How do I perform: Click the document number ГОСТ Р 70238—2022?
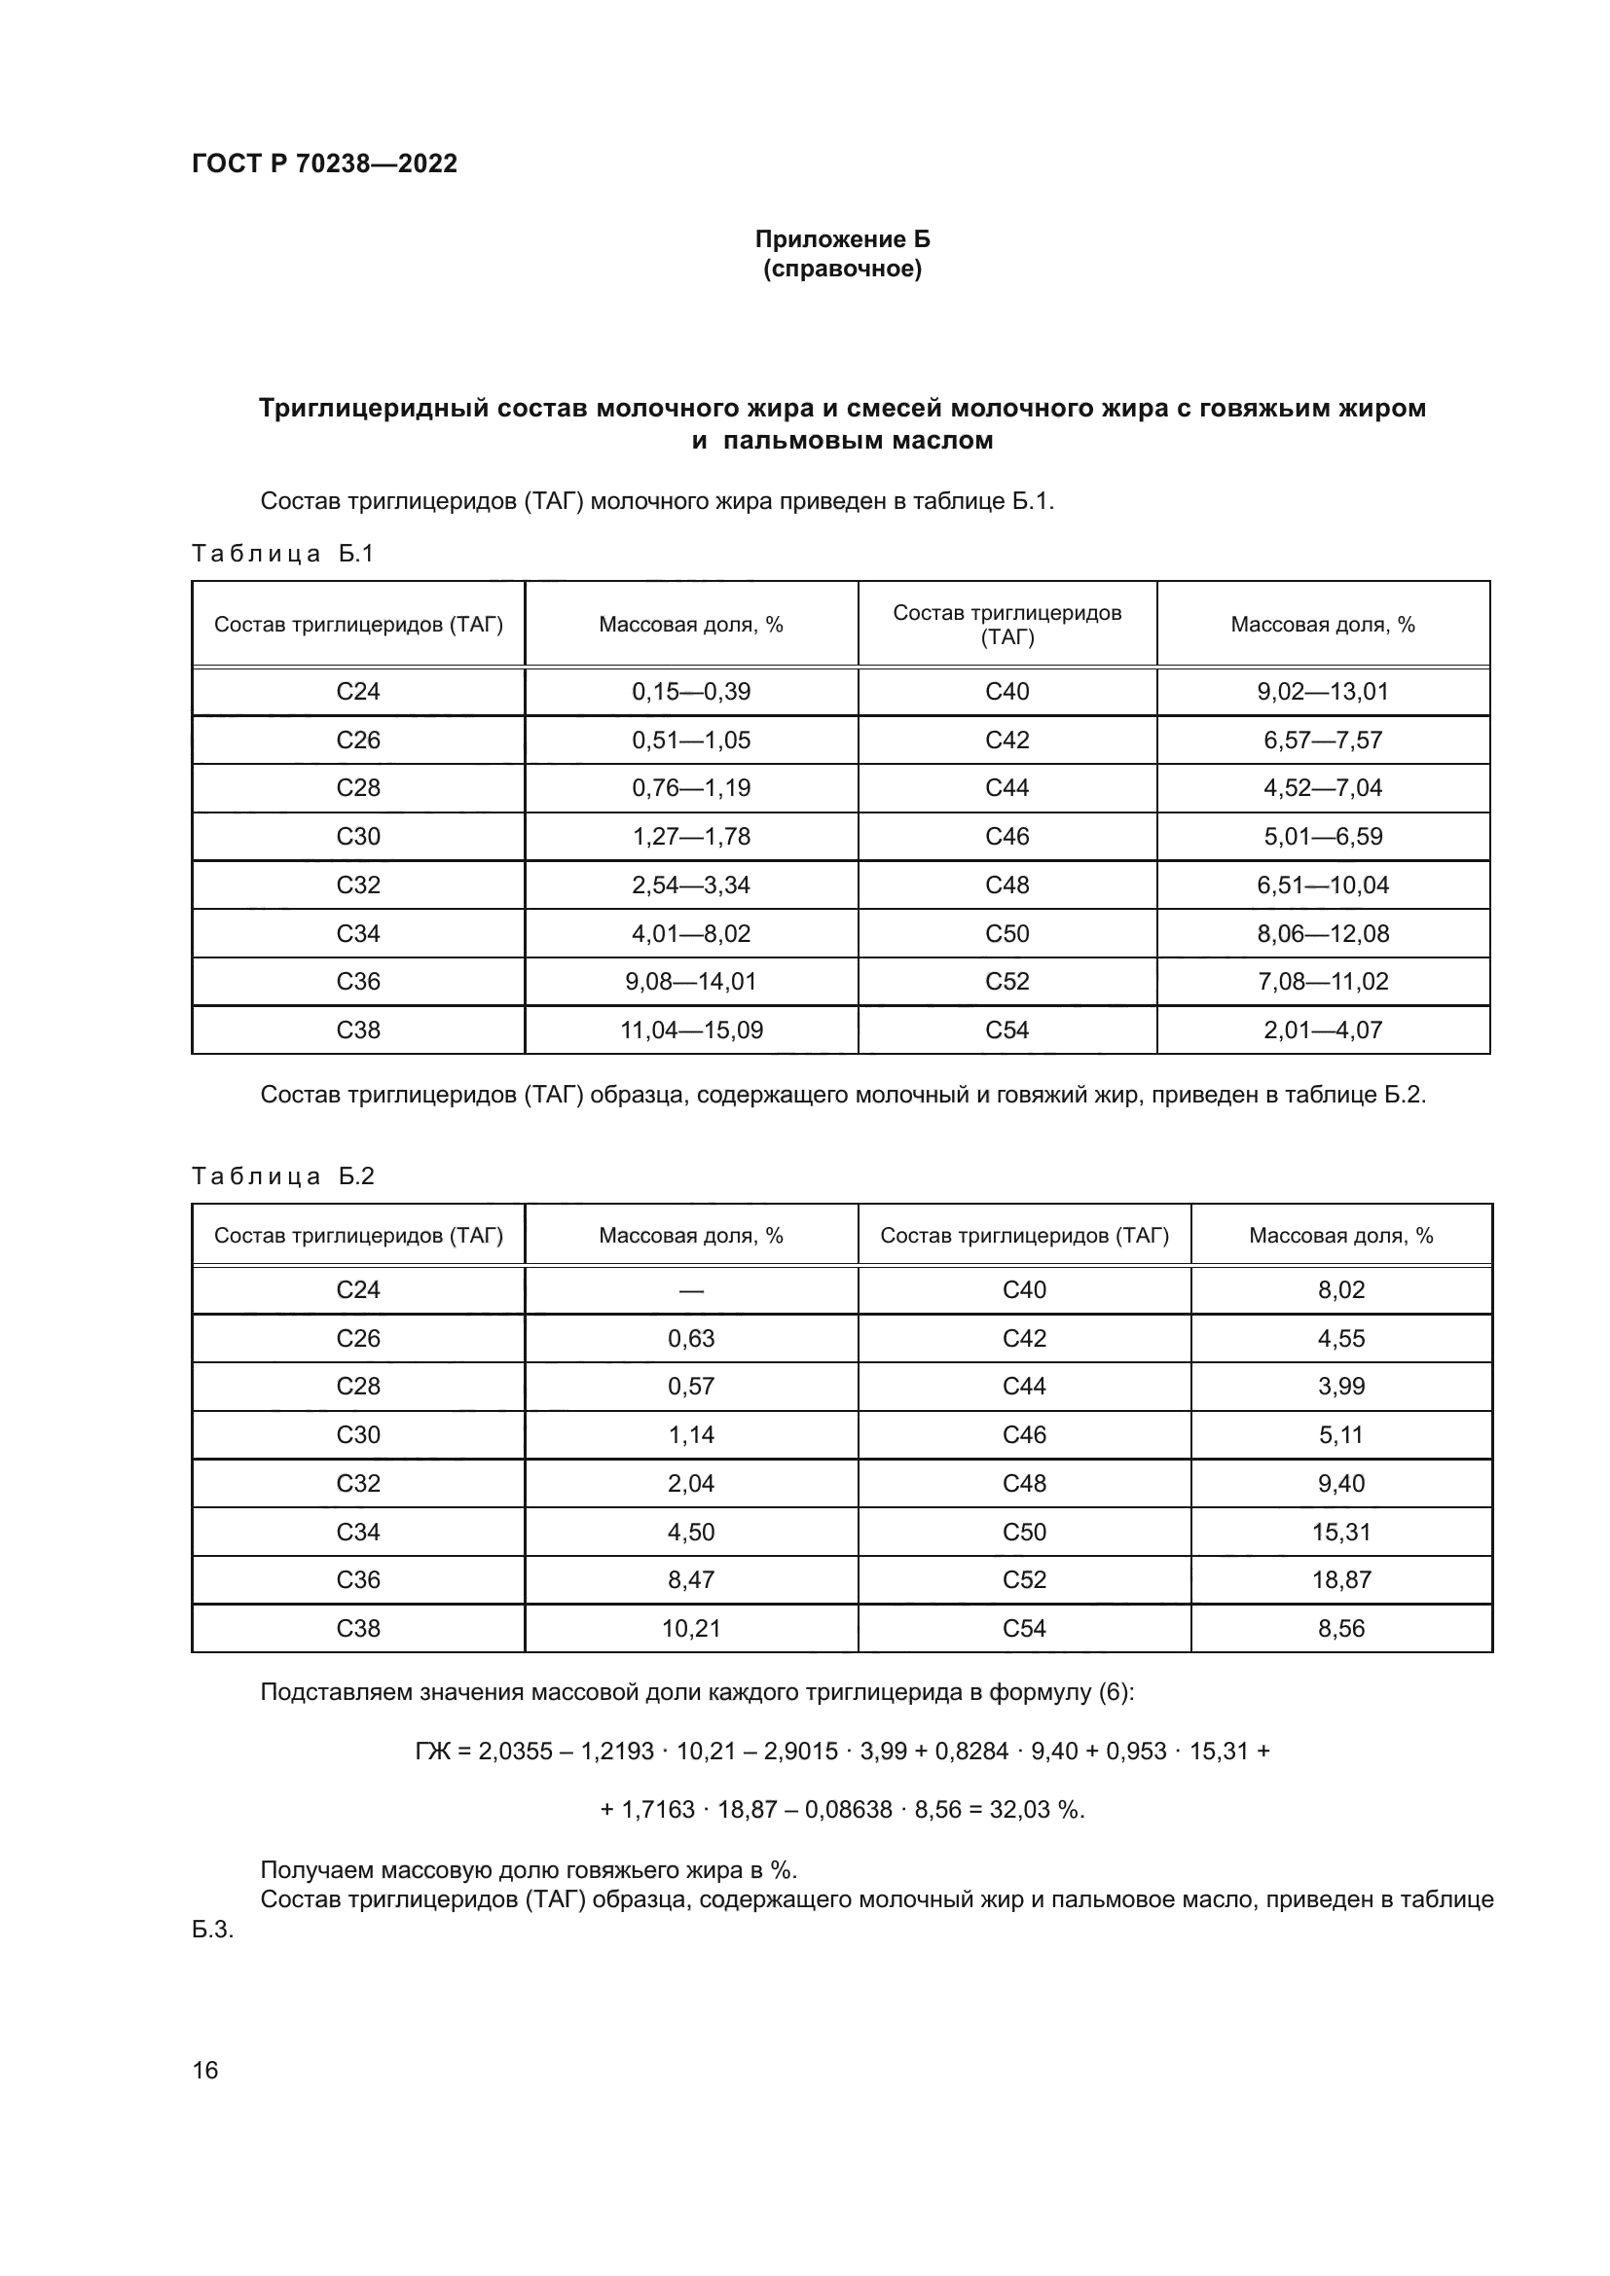point(324,163)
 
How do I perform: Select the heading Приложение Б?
point(843,239)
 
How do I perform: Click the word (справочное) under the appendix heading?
point(843,270)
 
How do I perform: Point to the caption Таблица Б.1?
point(282,553)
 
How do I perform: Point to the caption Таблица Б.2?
point(282,1175)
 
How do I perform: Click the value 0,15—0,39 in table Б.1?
point(691,692)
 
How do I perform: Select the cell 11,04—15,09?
point(691,1030)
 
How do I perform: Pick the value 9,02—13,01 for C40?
point(1323,692)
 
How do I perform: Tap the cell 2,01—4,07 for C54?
point(1323,1030)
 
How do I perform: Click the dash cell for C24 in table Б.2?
point(691,1290)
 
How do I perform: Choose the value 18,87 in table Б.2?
point(1341,1580)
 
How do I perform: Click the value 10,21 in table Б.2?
point(691,1629)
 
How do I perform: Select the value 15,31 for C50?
point(1341,1532)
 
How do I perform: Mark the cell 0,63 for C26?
point(691,1339)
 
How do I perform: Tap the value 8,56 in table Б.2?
point(1341,1629)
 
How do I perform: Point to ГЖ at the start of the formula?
point(432,1752)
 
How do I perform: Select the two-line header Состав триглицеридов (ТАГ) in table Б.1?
point(1007,625)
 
